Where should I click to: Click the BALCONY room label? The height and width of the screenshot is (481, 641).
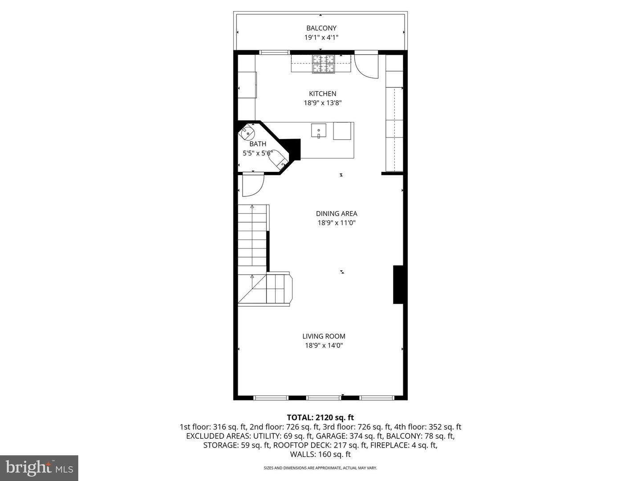[321, 28]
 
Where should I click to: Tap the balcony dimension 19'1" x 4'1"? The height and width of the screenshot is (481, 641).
[321, 38]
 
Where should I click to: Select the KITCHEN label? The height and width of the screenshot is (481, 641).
[322, 94]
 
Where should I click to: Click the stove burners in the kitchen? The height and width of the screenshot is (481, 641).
[323, 63]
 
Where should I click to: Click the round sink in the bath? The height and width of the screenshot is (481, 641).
[247, 132]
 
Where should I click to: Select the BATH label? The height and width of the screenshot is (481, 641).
[258, 144]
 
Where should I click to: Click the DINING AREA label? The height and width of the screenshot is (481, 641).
[337, 214]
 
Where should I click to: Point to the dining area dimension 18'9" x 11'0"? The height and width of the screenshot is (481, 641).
[337, 223]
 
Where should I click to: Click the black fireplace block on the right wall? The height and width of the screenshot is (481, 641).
[398, 285]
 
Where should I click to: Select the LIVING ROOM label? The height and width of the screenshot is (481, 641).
[324, 336]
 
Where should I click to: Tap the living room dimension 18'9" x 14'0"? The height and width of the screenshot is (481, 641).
[324, 346]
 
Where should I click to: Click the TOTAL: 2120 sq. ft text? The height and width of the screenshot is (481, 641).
[320, 417]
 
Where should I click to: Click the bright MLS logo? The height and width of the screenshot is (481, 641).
[39, 468]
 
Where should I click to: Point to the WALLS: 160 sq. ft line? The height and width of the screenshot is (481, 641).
[320, 454]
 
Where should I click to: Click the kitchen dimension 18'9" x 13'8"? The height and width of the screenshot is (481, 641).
[322, 103]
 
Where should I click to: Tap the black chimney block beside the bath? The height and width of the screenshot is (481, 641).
[293, 148]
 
